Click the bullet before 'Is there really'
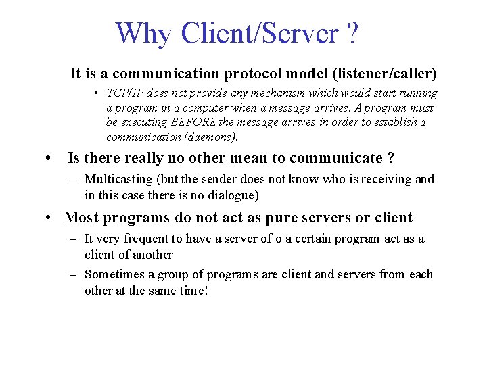coord(49,158)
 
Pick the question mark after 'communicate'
coord(390,158)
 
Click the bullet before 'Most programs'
coord(49,218)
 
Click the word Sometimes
coord(115,274)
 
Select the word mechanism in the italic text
coord(258,93)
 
